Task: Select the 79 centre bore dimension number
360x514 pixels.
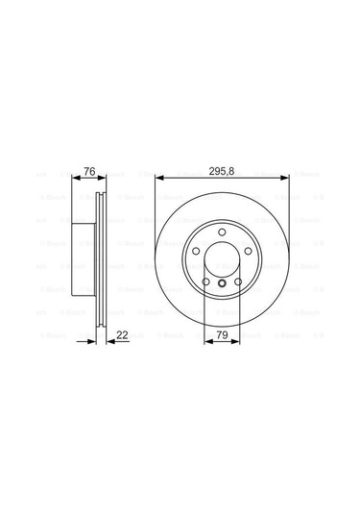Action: coord(223,334)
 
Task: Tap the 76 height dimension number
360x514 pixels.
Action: coord(89,171)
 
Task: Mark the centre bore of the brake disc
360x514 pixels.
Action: coord(224,260)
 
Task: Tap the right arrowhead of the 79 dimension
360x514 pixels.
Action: coord(241,343)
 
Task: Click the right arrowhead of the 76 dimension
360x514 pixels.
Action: coord(102,180)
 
